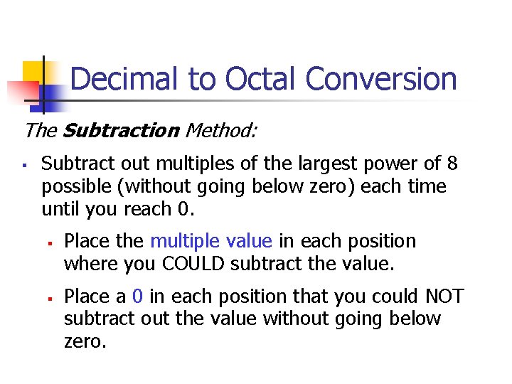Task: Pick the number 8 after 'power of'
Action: pos(452,164)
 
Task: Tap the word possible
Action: pos(73,186)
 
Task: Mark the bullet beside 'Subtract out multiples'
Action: pos(25,165)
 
